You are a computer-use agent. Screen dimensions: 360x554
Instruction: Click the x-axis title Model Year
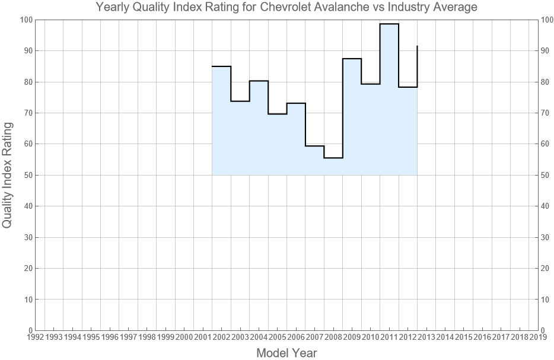pyautogui.click(x=286, y=353)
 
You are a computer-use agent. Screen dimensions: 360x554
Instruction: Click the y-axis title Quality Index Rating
pyautogui.click(x=8, y=175)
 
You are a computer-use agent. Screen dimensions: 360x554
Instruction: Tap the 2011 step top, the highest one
pyautogui.click(x=389, y=24)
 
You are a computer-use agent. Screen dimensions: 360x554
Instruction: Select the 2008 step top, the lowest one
pyautogui.click(x=333, y=158)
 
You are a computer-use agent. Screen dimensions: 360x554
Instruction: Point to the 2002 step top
pyautogui.click(x=221, y=66)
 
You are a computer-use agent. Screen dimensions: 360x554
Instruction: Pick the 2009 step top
pyautogui.click(x=352, y=59)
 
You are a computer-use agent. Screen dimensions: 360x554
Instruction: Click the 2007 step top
pyautogui.click(x=314, y=146)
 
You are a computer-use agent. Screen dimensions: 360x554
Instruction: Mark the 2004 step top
pyautogui.click(x=259, y=81)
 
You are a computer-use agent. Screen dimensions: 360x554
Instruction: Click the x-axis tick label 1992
pyautogui.click(x=35, y=337)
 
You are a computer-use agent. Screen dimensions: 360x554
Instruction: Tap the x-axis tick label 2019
pyautogui.click(x=538, y=337)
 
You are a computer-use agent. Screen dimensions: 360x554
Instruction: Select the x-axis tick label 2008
pyautogui.click(x=333, y=337)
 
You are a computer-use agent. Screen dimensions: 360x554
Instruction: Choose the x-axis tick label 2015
pyautogui.click(x=464, y=337)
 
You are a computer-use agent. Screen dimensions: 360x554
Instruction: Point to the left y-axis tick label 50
pyautogui.click(x=26, y=175)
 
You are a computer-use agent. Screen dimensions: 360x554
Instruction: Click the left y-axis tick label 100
pyautogui.click(x=24, y=20)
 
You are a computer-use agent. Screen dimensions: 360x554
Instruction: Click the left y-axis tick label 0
pyautogui.click(x=28, y=330)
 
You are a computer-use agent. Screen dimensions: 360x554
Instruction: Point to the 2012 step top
pyautogui.click(x=407, y=87)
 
